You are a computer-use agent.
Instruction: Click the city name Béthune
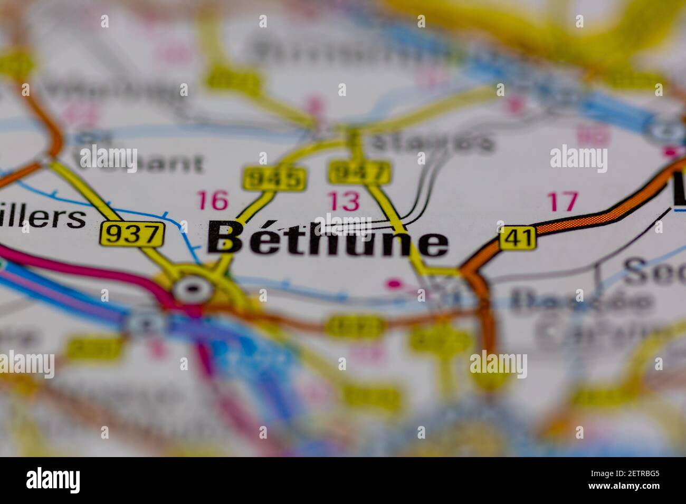tap(327, 240)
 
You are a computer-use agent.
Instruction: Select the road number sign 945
tap(274, 179)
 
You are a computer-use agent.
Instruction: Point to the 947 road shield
tap(360, 172)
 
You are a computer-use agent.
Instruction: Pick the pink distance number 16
tap(213, 201)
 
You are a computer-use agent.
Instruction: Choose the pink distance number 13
tap(344, 201)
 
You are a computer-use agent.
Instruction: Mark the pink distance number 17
tap(563, 201)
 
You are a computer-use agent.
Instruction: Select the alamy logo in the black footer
tap(53, 480)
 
